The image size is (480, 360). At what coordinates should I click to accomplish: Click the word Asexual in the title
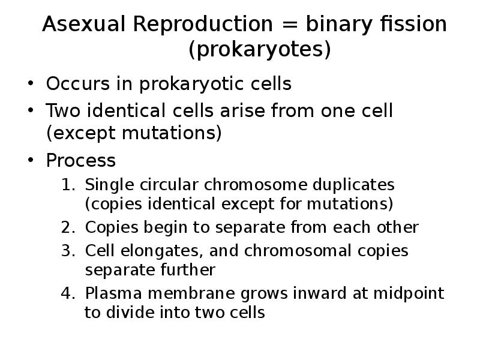pos(84,24)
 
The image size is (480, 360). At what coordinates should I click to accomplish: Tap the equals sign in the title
pos(289,25)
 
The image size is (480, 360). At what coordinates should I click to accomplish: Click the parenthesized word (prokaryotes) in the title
pos(260,50)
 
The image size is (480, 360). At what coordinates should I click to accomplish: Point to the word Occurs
pos(78,83)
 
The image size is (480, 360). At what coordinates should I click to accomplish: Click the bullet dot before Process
pos(31,160)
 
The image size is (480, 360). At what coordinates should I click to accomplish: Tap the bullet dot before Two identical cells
pos(31,110)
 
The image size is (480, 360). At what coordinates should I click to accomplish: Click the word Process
pos(81,160)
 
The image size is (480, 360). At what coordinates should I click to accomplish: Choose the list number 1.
pos(68,185)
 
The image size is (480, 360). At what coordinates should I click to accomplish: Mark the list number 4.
pos(68,293)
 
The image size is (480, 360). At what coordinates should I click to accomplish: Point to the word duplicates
pos(353,185)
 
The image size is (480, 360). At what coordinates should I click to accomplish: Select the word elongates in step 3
pos(162,251)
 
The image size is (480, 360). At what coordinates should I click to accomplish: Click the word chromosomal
pos(298,251)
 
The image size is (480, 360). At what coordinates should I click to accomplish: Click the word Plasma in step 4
pos(113,293)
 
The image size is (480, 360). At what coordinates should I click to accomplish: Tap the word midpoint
pos(409,293)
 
